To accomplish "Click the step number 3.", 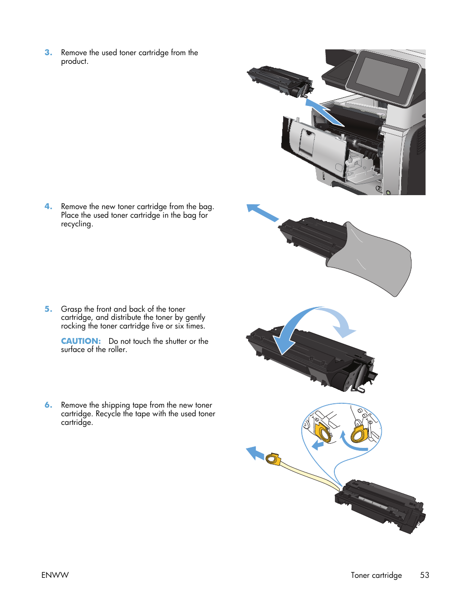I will tap(48, 52).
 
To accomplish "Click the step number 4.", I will tap(48, 206).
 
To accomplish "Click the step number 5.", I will tap(48, 309).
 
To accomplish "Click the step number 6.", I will tap(48, 405).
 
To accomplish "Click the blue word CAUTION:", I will tap(80, 341).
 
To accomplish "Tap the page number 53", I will tap(424, 575).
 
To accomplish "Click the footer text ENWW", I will tap(55, 575).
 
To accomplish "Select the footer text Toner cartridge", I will tap(376, 575).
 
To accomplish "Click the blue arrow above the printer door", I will tap(323, 112).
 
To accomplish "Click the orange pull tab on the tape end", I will tap(273, 459).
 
